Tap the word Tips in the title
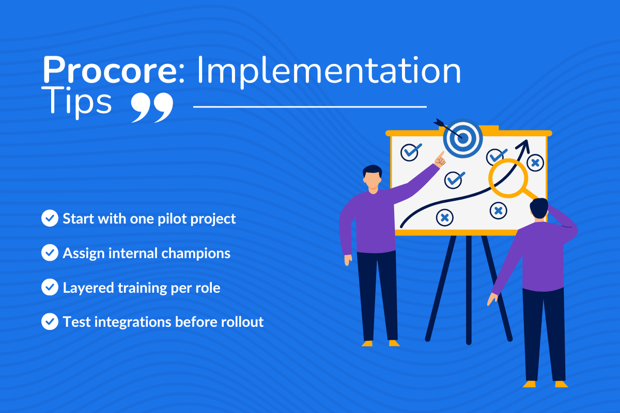[x=77, y=102]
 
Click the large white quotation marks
[x=152, y=107]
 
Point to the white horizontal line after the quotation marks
[x=310, y=107]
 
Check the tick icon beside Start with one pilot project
[x=50, y=218]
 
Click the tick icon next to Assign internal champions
[x=50, y=253]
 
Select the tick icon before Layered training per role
[x=50, y=288]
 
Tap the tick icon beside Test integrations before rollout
[x=50, y=322]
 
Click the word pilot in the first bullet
[x=158, y=218]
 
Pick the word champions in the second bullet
[x=202, y=253]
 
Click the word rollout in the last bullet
[x=243, y=322]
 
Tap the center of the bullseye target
[x=463, y=138]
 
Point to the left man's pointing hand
[x=440, y=160]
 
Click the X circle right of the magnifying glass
[x=535, y=163]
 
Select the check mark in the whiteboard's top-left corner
[x=411, y=151]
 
